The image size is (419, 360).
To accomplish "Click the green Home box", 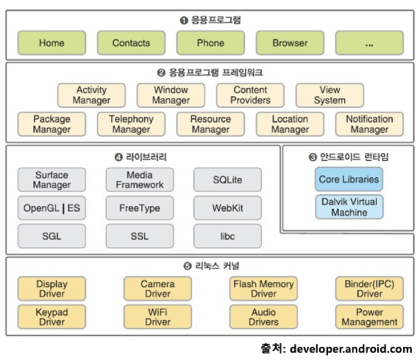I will pos(52,43).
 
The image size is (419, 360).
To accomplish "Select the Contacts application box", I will pos(131,43).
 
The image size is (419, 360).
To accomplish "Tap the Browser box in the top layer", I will pos(290,43).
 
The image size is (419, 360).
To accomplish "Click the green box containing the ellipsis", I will pos(369,43).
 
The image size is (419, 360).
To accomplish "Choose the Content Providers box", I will pos(251,95).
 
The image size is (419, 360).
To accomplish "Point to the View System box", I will pos(330,95).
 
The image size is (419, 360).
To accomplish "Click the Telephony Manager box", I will pos(131,124).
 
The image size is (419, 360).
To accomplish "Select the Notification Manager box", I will pos(369,124).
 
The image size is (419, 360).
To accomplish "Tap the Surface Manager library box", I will pos(52,180).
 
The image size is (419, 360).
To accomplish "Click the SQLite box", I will pos(227,180).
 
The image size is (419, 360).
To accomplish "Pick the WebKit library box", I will pos(227,208).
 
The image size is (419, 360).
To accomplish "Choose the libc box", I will pos(227,236).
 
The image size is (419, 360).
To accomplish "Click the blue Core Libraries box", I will pos(349,179).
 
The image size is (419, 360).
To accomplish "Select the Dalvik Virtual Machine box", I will pos(349,207).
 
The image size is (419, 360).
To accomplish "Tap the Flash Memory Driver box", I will pos(263,288).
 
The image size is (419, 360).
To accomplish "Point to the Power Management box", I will pos(369,317).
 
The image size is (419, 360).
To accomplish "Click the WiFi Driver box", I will pos(158,317).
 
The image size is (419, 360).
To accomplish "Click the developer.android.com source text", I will pos(353,349).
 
